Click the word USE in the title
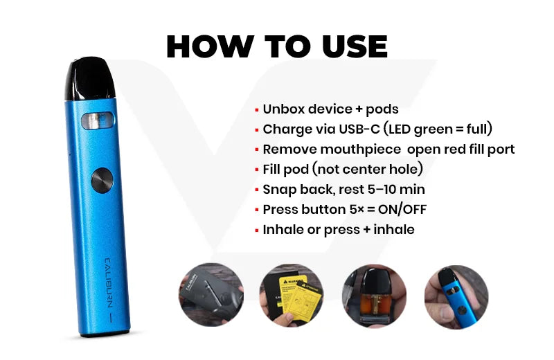(355, 46)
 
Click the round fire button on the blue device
(102, 180)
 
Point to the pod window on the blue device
(98, 121)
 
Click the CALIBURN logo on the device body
(109, 282)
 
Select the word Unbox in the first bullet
(283, 109)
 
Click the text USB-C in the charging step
(359, 129)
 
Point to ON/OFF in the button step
(402, 210)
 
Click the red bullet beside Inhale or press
(257, 231)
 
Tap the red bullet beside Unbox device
(257, 111)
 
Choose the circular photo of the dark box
(211, 295)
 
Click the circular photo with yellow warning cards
(292, 296)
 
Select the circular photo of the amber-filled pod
(374, 296)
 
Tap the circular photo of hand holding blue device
(456, 297)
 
